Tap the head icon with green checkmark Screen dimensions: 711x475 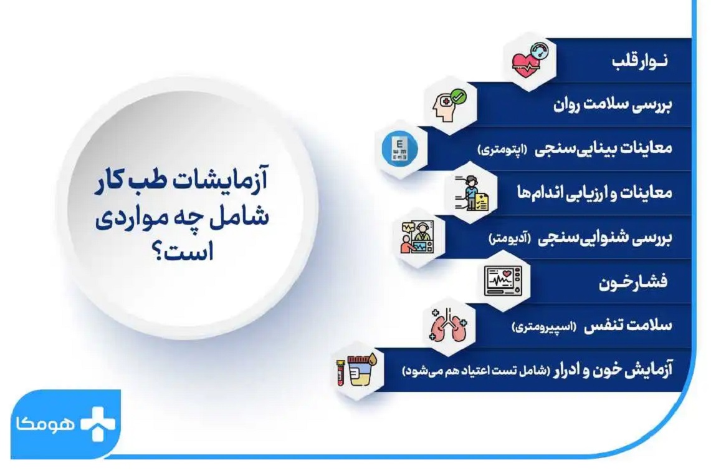pos(449,105)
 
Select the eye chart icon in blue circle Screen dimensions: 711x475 pos(399,149)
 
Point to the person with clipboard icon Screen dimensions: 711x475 pos(472,193)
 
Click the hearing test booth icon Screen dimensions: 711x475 pos(417,237)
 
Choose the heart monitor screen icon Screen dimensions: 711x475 pos(503,281)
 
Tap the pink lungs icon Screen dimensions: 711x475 pos(449,325)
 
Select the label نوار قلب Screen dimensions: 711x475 pos(639,61)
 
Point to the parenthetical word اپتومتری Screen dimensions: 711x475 pos(503,149)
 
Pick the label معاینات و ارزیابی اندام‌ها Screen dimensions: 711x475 pos(594,192)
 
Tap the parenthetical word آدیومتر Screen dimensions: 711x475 pos(510,238)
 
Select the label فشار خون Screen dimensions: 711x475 pos(633,283)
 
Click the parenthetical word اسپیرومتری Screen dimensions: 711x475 pos(543,326)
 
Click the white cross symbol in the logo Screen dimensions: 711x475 pos(98,424)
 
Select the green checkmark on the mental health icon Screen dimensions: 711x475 pos(458,97)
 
